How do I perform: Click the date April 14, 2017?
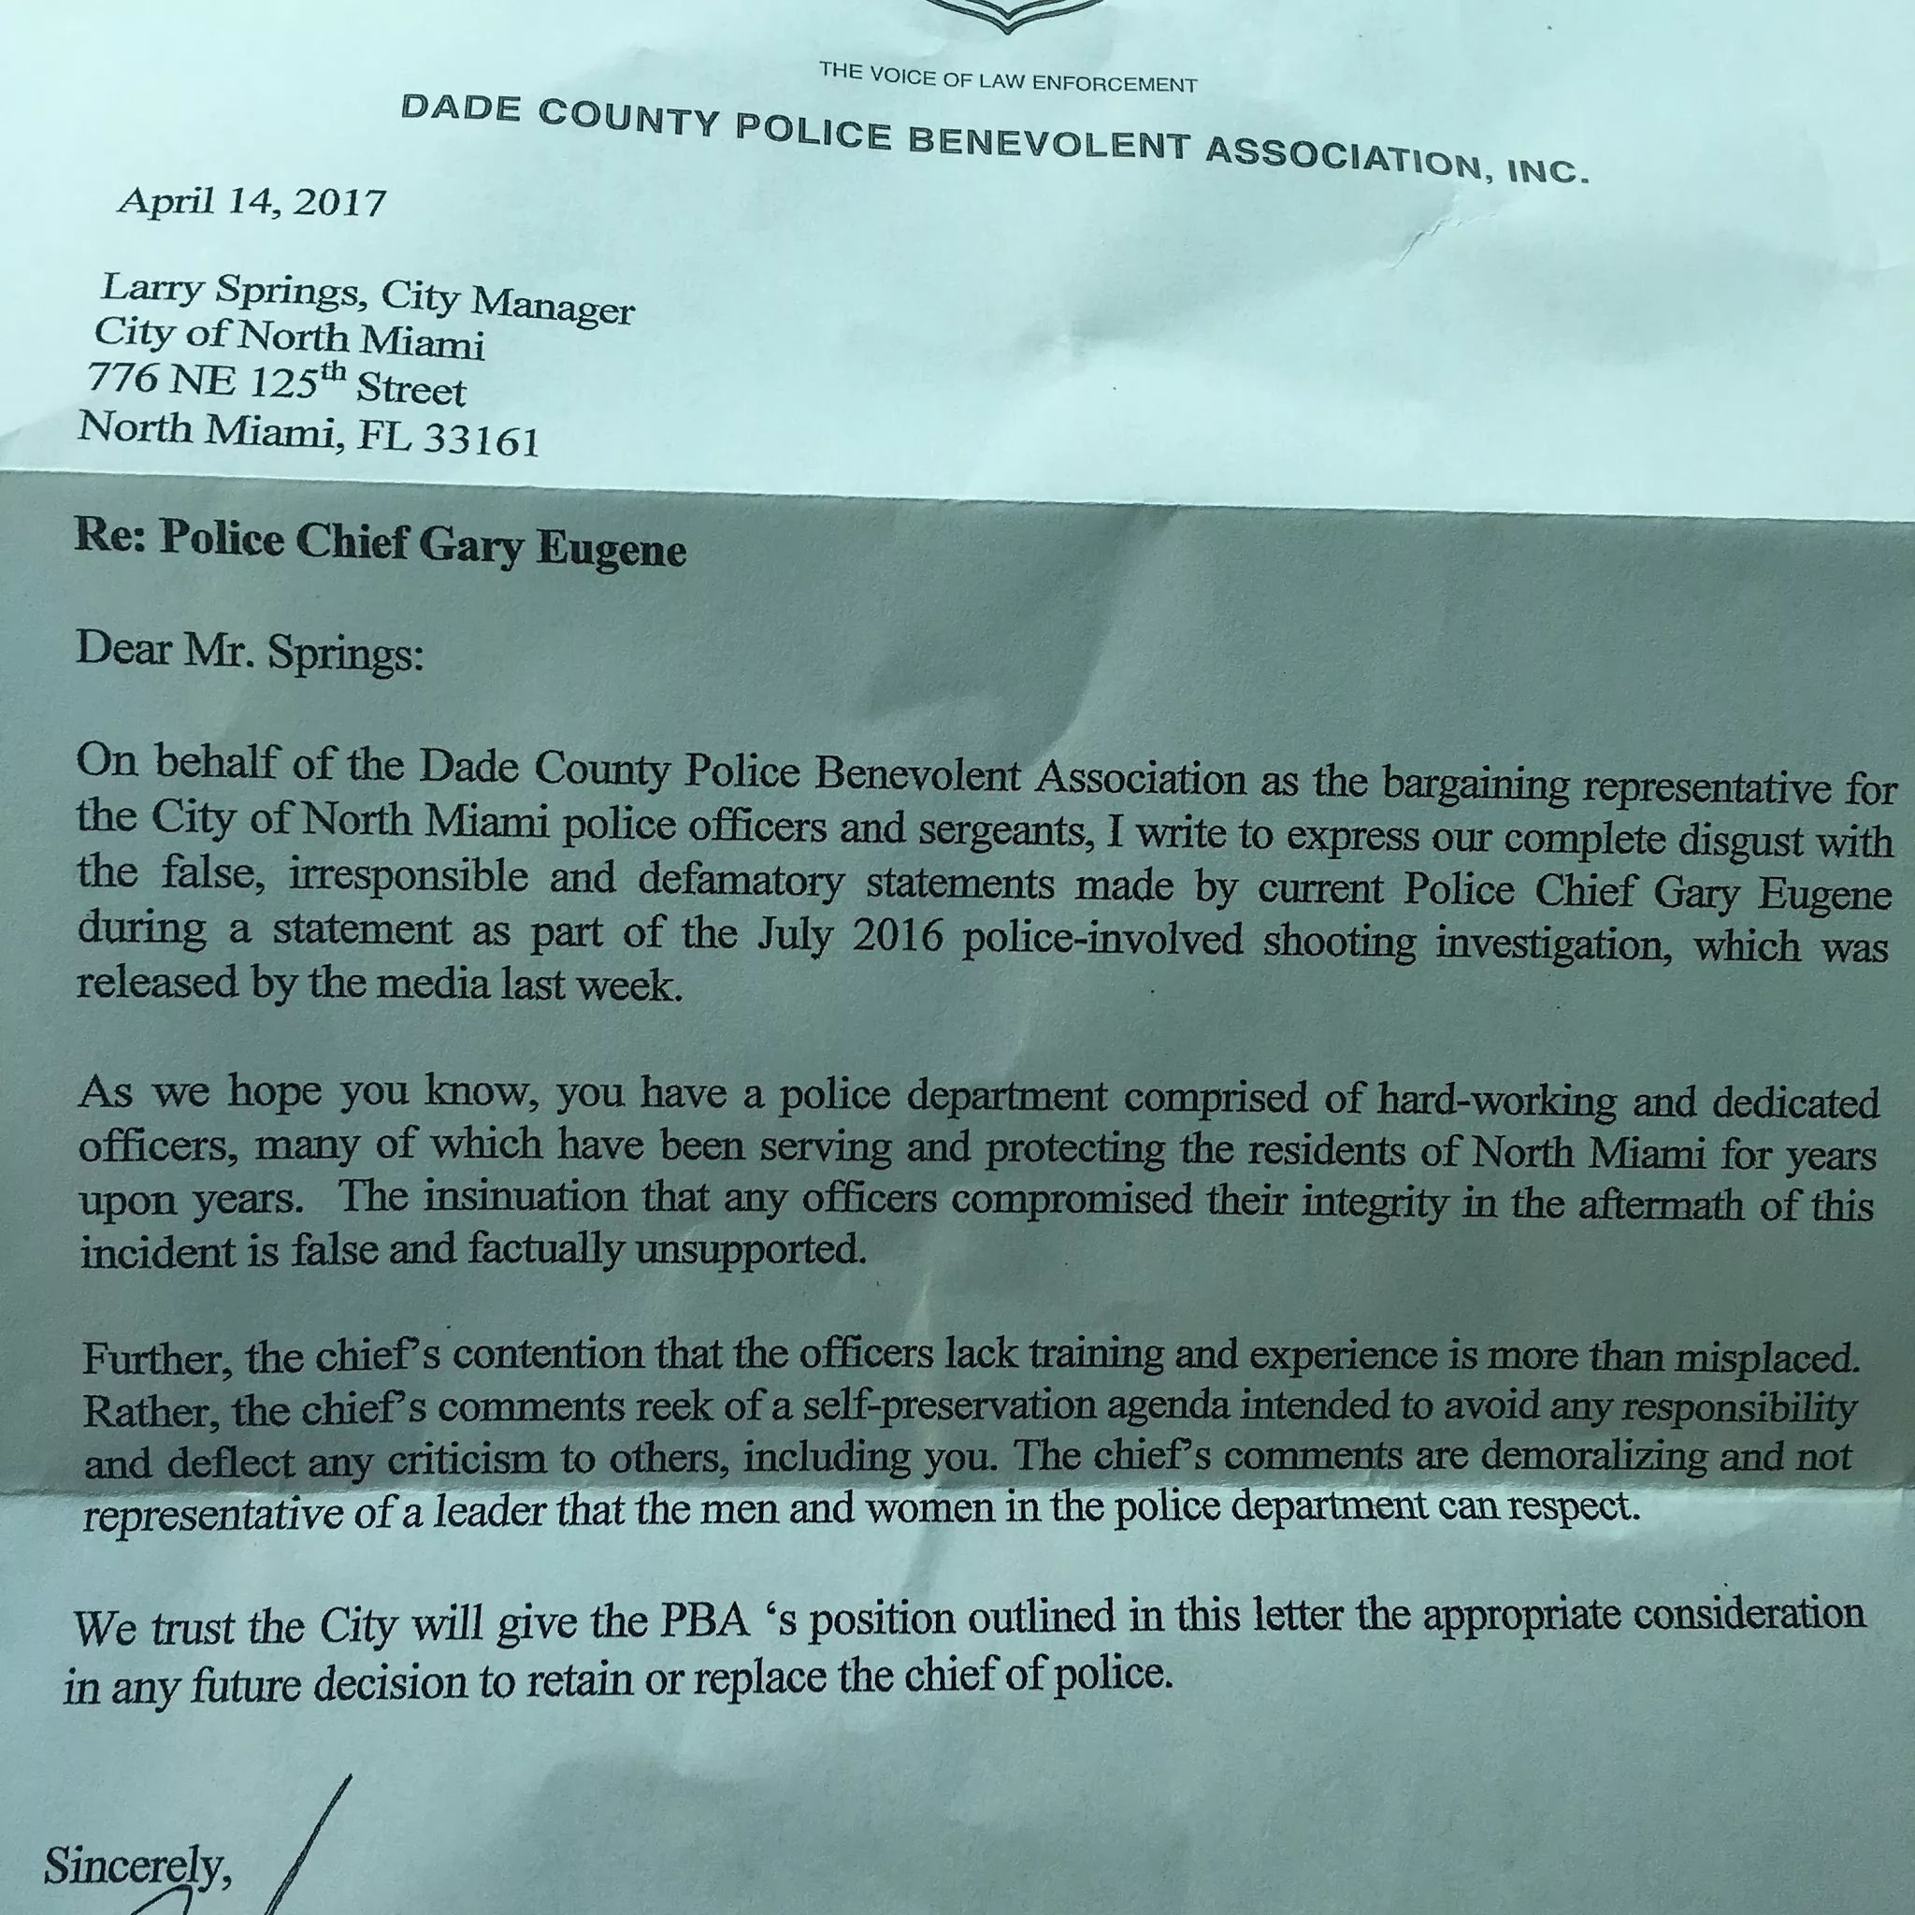coord(252,202)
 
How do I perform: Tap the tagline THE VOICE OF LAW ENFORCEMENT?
coord(1008,78)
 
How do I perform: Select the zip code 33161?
coord(482,439)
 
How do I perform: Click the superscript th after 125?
coord(333,373)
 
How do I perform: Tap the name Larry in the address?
coord(151,288)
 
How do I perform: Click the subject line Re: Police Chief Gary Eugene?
coord(380,543)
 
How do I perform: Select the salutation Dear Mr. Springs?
coord(250,651)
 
